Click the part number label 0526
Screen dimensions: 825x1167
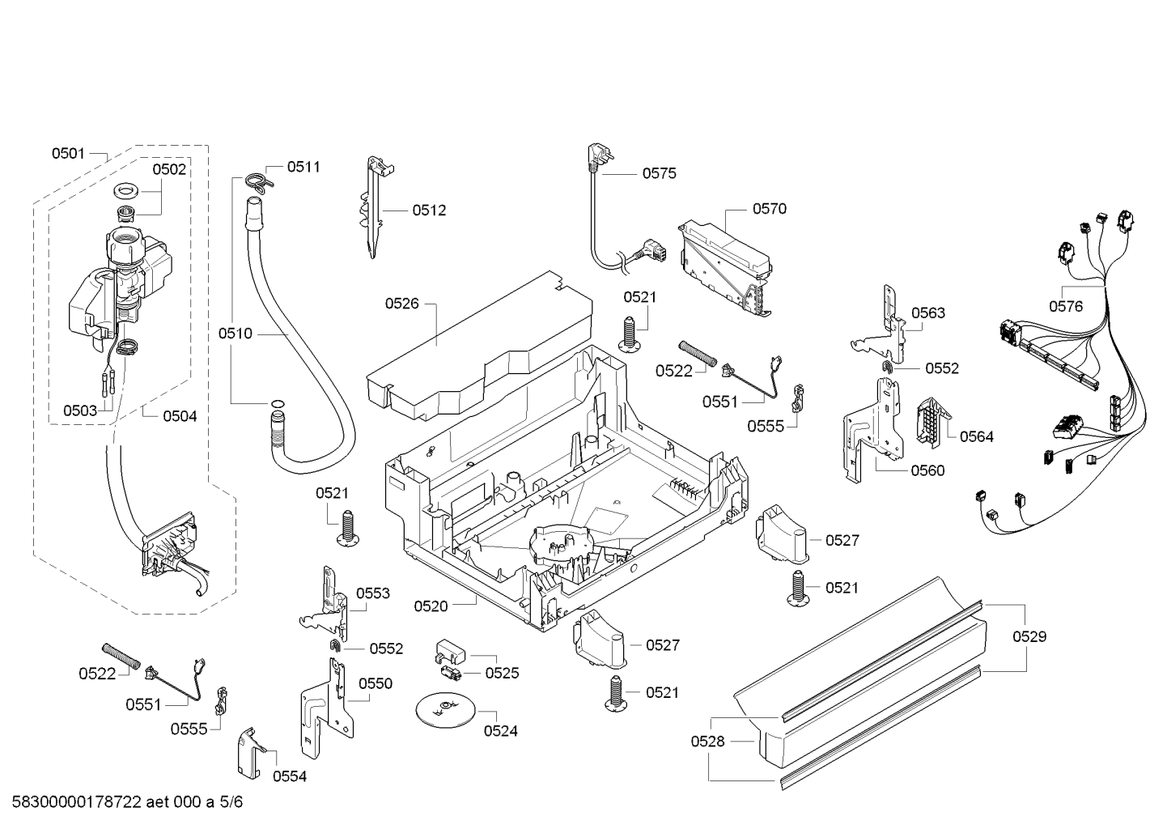click(x=401, y=304)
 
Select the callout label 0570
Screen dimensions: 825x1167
click(x=769, y=209)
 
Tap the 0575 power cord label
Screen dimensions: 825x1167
click(x=659, y=173)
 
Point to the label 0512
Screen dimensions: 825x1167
click(x=429, y=211)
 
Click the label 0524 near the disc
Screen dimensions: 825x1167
click(x=500, y=731)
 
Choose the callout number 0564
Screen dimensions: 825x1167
click(x=976, y=436)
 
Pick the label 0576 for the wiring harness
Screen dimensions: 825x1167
click(x=1066, y=306)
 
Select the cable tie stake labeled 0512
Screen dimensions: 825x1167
click(x=374, y=206)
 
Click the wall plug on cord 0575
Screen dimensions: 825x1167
click(x=595, y=159)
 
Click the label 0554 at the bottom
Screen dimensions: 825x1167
click(x=289, y=776)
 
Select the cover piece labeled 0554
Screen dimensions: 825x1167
click(x=251, y=752)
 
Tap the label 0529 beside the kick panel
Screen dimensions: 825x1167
click(x=1029, y=636)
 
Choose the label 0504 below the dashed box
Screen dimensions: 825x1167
click(x=180, y=416)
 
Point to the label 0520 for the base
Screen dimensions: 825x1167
click(x=431, y=606)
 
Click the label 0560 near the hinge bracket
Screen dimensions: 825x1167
click(x=927, y=470)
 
